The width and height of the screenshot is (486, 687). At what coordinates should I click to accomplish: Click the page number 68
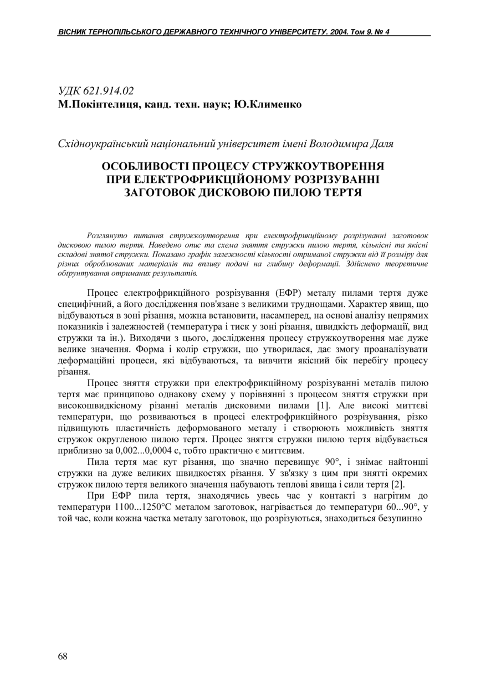pos(63,657)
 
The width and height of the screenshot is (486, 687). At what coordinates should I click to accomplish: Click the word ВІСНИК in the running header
pos(71,32)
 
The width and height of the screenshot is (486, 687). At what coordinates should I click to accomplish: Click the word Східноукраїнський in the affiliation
pos(104,144)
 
